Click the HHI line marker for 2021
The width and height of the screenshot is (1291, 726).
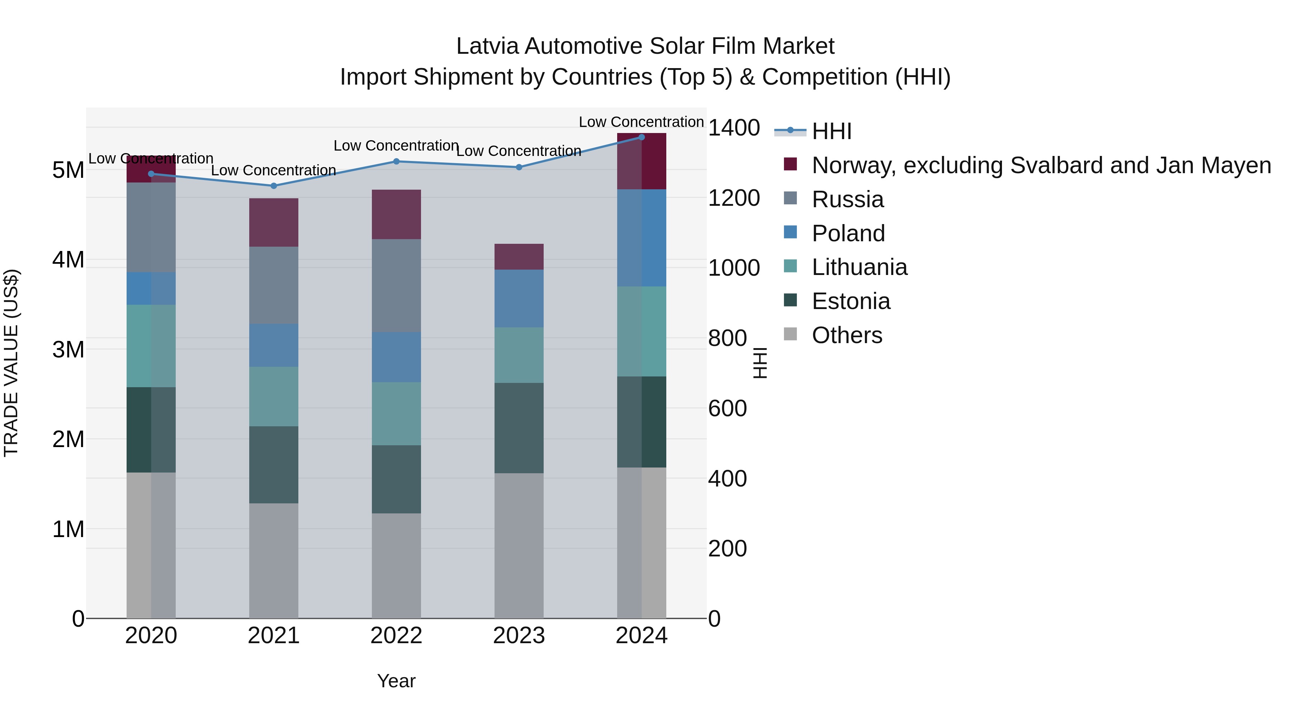coord(274,186)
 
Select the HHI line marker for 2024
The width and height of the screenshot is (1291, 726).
coord(642,137)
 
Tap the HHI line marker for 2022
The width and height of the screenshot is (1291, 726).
coord(396,161)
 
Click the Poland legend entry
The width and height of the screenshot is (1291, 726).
coord(848,233)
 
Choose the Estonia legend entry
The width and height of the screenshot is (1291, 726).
coord(851,302)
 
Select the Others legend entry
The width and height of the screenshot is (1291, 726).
coord(846,335)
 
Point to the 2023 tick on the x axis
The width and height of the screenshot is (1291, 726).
coord(519,636)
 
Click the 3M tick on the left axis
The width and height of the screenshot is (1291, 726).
coord(68,349)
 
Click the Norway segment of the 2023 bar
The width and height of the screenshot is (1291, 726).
coord(519,257)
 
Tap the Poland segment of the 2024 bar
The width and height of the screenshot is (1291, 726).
coord(642,238)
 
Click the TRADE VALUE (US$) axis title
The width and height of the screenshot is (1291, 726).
coord(11,363)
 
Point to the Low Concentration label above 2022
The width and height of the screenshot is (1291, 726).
coord(396,146)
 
